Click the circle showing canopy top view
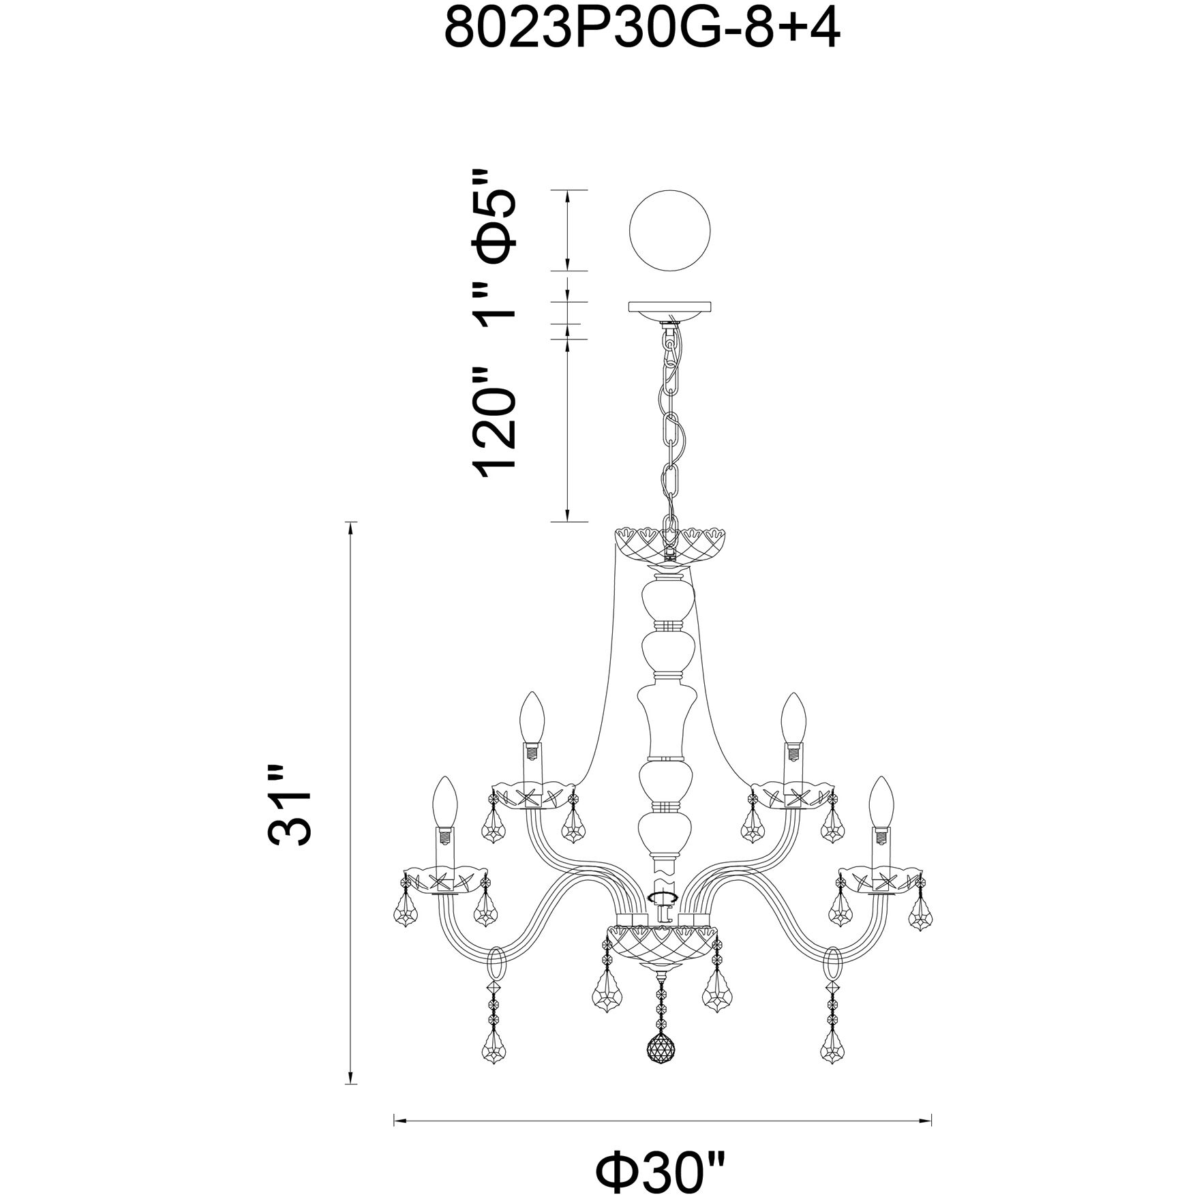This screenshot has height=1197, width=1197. (x=669, y=230)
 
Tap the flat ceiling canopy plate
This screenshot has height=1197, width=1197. (x=669, y=307)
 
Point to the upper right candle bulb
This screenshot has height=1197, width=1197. (x=792, y=716)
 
